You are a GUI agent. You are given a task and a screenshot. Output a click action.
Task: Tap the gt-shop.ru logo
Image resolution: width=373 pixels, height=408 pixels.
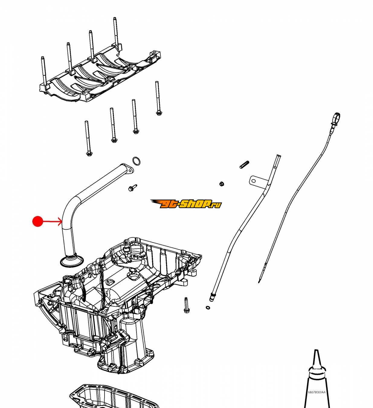coord(186,204)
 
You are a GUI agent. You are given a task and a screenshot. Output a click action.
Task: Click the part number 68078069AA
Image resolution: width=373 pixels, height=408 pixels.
coord(317,392)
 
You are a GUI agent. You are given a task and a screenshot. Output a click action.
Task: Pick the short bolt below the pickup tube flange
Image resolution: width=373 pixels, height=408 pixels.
coord(132,187)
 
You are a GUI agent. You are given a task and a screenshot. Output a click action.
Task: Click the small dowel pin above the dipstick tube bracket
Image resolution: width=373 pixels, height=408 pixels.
coord(244,165)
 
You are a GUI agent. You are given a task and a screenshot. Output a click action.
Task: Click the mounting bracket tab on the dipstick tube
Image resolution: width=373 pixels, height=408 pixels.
coord(254,181)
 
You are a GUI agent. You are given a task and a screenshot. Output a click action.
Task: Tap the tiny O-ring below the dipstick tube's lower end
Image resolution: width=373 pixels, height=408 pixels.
coord(208,308)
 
